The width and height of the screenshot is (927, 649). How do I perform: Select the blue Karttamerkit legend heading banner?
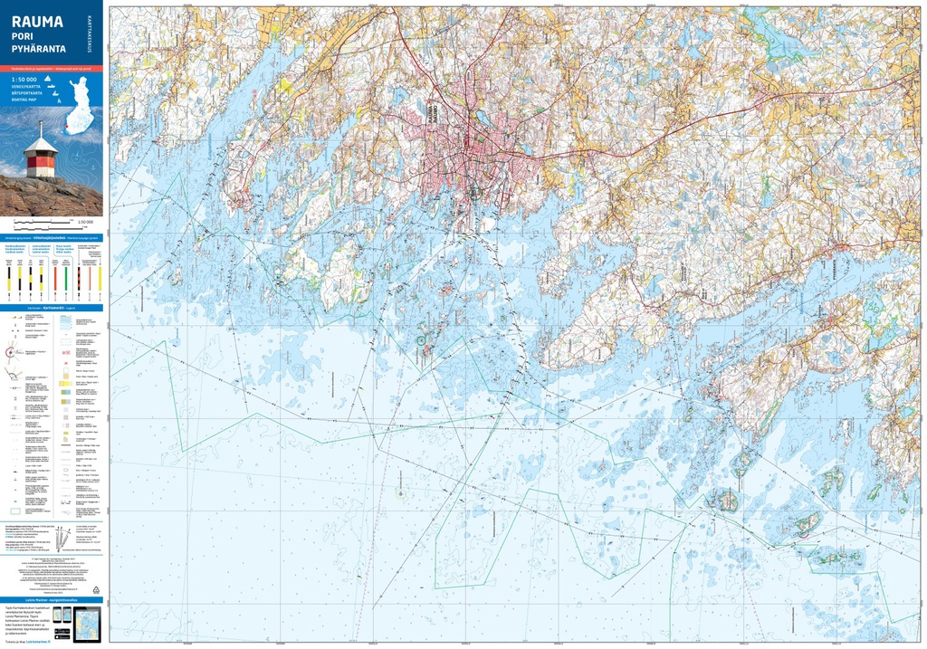click(x=52, y=308)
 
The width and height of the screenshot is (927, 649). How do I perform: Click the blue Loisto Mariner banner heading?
click(x=52, y=599)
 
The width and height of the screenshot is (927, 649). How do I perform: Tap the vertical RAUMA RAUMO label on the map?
click(x=430, y=118)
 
